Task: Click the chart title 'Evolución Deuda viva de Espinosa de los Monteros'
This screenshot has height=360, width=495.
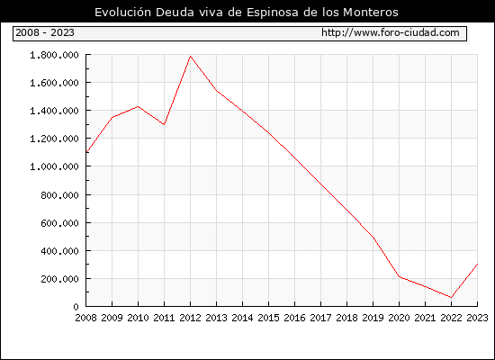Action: point(247,13)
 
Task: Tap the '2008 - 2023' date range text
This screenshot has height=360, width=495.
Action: point(45,32)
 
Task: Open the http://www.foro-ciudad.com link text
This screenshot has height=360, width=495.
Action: point(391,32)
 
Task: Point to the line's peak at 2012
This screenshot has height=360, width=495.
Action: point(191,56)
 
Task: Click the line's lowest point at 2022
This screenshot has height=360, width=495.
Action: point(451,297)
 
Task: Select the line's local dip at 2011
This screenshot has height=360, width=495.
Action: point(164,124)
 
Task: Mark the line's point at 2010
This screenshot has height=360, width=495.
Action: point(138,106)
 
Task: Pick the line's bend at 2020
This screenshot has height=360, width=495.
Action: point(399,276)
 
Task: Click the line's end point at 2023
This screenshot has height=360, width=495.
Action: point(477,264)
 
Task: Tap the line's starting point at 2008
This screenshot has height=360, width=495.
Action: point(86,152)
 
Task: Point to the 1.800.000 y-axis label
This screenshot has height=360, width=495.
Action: point(54,55)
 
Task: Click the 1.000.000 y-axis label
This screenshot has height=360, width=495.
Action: point(54,166)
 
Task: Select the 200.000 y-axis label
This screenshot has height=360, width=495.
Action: point(59,279)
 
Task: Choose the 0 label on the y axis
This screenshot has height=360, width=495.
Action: point(76,307)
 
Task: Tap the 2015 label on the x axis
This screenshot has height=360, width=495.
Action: point(268,318)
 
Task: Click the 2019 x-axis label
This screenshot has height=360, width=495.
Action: point(373,318)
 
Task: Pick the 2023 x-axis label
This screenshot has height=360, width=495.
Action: point(477,318)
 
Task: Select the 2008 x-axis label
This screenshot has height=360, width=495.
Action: point(85,318)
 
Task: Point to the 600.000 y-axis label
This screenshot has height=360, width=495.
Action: point(59,223)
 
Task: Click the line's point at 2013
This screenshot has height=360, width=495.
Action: point(217,91)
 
